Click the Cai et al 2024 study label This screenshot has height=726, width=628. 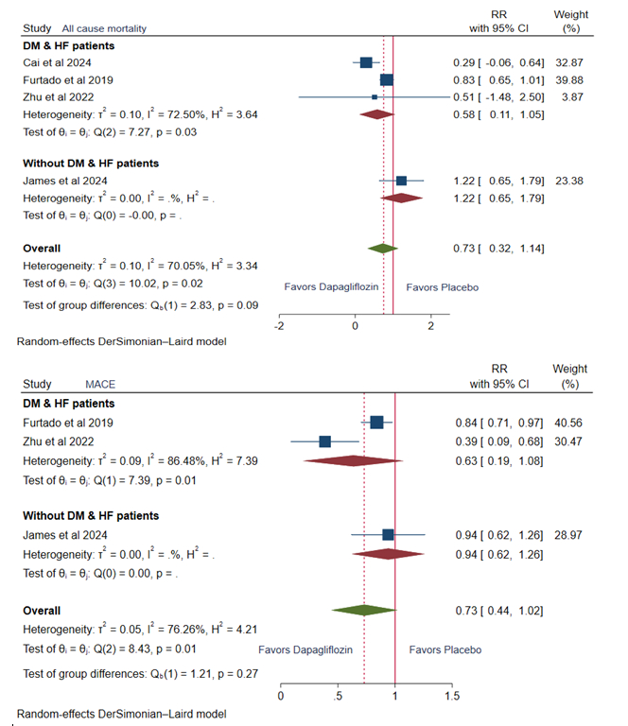pyautogui.click(x=57, y=62)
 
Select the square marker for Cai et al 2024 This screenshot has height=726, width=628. pyautogui.click(x=366, y=62)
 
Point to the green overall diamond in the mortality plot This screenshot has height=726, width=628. pyautogui.click(x=382, y=248)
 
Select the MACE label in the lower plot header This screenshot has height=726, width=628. pyautogui.click(x=100, y=385)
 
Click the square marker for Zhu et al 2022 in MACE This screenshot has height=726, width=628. pyautogui.click(x=325, y=441)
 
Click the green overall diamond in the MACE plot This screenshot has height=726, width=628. pyautogui.click(x=363, y=611)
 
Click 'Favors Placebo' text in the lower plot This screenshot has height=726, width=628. pyautogui.click(x=445, y=650)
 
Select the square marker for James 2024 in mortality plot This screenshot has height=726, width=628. pyautogui.click(x=401, y=180)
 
